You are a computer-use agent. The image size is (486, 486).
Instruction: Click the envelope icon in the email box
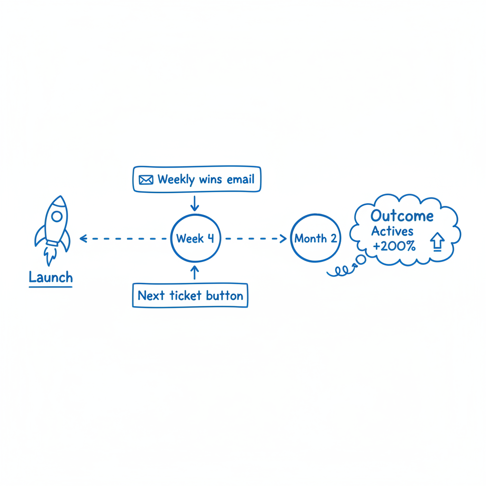146,180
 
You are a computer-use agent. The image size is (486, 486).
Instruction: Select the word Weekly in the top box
176,179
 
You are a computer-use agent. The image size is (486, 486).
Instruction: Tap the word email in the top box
241,179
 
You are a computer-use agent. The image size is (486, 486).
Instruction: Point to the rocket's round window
57,216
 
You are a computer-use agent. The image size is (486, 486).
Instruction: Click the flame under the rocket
50,256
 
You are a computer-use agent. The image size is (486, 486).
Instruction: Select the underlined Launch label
51,278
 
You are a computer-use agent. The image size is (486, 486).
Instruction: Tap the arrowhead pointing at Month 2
283,238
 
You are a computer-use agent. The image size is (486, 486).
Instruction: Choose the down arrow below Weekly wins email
195,203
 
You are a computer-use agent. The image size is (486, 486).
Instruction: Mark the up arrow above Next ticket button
194,272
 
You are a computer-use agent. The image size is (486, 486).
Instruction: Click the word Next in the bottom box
151,295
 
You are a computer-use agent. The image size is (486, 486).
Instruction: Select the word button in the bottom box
224,296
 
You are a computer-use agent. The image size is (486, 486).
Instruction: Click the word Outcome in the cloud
402,216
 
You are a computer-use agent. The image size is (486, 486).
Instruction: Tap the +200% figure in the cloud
394,246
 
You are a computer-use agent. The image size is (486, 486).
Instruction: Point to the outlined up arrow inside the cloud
437,242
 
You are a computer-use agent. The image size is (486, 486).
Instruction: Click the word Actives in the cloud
393,231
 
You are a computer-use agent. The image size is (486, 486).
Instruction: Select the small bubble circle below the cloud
361,260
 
